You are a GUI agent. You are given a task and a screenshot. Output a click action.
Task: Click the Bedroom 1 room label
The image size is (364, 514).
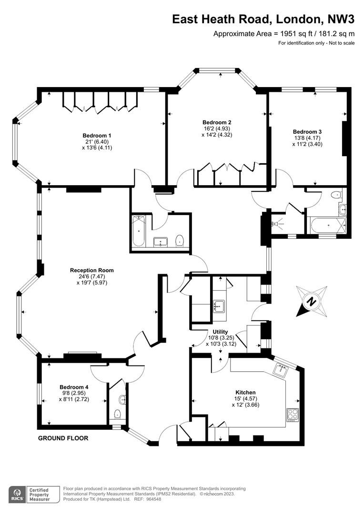click(x=97, y=135)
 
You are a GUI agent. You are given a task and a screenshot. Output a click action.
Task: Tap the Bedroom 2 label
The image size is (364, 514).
click(x=217, y=122)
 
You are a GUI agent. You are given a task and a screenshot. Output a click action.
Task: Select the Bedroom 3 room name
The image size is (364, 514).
click(x=307, y=132)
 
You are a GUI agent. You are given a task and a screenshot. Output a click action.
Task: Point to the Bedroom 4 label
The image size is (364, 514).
click(x=74, y=387)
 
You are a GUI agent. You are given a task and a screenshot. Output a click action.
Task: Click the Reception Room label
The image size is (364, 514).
click(x=92, y=270)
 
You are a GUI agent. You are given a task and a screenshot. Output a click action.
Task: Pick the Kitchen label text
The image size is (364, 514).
click(x=245, y=392)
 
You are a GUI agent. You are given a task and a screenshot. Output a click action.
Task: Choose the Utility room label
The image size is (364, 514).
click(x=220, y=332)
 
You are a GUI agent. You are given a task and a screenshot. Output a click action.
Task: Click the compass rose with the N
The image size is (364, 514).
click(x=311, y=301)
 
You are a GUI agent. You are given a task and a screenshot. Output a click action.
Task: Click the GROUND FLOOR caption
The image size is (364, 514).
click(x=63, y=438)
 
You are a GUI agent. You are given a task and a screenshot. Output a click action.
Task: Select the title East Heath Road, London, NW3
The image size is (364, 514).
click(x=263, y=20)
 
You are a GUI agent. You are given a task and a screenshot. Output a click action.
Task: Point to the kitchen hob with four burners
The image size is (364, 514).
click(x=292, y=415)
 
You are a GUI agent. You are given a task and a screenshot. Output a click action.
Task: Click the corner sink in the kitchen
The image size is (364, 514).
click(x=281, y=370)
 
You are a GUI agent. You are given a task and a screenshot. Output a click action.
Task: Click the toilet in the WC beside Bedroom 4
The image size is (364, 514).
click(x=118, y=415)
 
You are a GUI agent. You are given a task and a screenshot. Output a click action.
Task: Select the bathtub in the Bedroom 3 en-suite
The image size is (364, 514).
click(x=326, y=226)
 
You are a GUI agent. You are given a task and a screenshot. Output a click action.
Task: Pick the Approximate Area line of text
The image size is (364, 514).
click(x=284, y=33)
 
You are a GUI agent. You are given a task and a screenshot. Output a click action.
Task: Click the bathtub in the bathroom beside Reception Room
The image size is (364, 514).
click(x=139, y=231)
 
